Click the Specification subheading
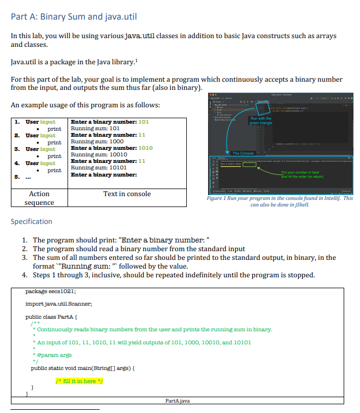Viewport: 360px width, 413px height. coord(32,221)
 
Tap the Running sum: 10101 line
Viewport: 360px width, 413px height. coord(99,168)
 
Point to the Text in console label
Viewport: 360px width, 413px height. coord(127,194)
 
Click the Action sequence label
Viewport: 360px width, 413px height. coord(39,198)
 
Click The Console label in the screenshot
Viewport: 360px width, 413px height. coord(243,153)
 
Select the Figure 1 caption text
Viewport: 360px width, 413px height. coord(280,202)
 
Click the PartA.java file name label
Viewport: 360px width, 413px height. coord(178,401)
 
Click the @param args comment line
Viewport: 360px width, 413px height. coord(52,355)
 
